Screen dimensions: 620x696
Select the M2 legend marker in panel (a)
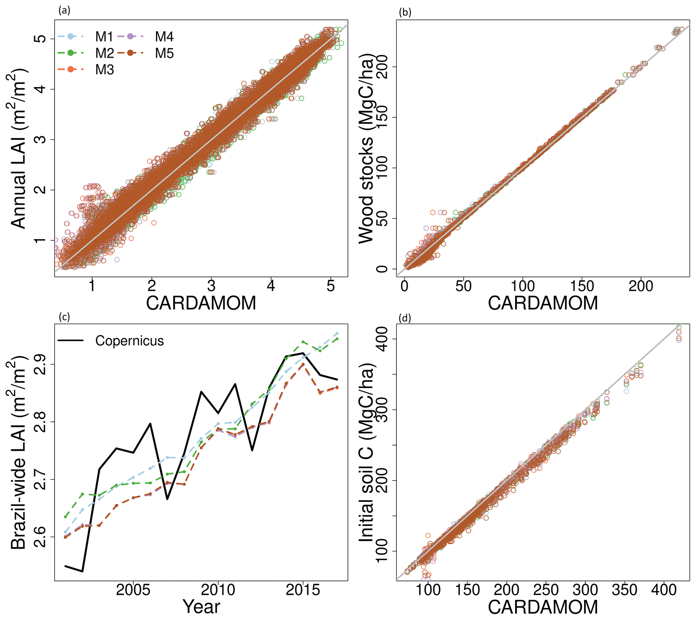click(x=70, y=53)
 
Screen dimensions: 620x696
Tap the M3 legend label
click(x=104, y=70)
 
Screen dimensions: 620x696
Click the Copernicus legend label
click(x=129, y=341)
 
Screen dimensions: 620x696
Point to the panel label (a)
click(x=64, y=10)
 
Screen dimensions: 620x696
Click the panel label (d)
click(x=405, y=318)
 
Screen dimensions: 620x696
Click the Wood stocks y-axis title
click(x=366, y=150)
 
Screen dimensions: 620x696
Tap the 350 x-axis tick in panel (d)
click(x=624, y=589)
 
